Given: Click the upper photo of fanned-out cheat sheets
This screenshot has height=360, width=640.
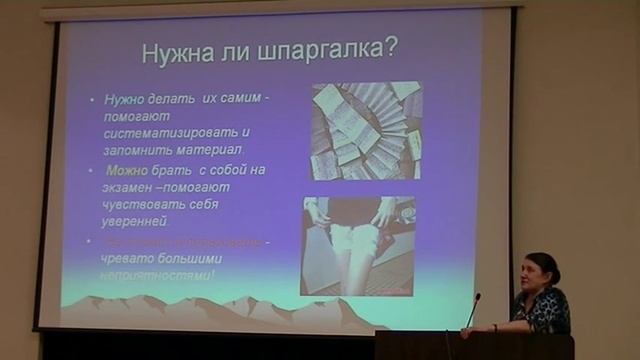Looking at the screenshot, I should click(x=364, y=131).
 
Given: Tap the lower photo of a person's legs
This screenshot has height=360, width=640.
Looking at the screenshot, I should click(x=357, y=246).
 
